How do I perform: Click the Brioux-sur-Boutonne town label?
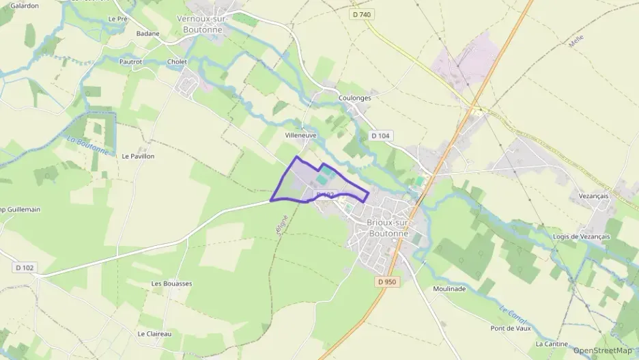pos(388,227)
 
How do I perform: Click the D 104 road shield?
pos(381,136)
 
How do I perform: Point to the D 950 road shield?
pos(386,281)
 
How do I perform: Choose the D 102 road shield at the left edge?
pos(24,267)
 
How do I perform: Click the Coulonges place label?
pos(355,98)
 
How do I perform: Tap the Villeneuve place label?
pos(300,135)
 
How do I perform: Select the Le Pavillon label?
pos(138,156)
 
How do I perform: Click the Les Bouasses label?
pos(171,283)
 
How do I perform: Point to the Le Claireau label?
pos(154,333)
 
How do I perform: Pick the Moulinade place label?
pos(449,288)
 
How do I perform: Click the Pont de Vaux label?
pos(510,328)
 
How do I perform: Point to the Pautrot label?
pos(130,61)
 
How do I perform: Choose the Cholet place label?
pos(177,61)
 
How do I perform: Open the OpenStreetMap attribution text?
pos(602,350)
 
